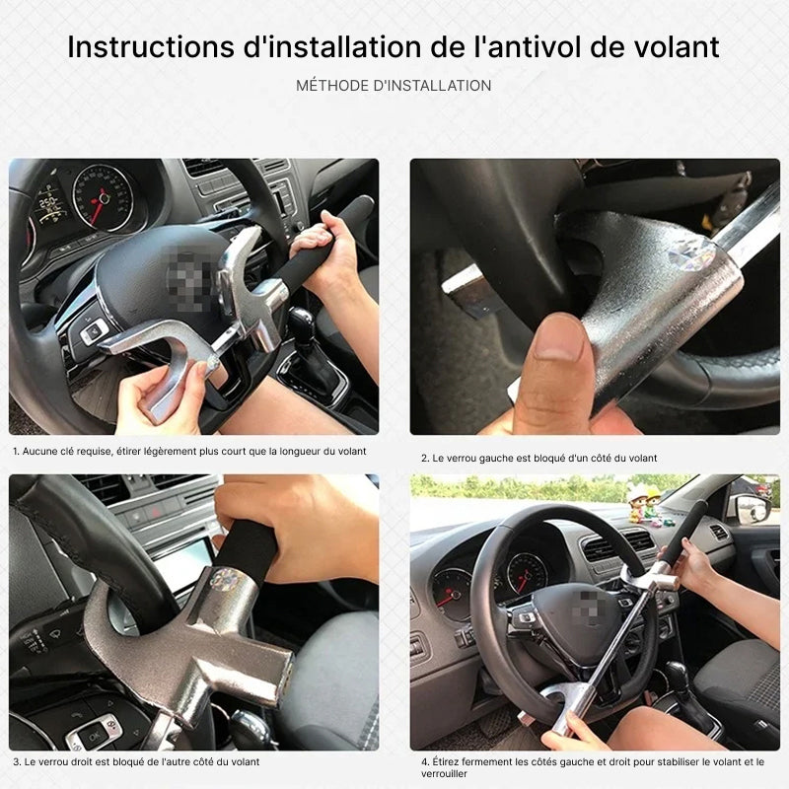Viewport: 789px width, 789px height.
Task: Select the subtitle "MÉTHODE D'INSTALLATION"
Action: click(x=394, y=86)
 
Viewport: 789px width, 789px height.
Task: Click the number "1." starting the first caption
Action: click(x=17, y=451)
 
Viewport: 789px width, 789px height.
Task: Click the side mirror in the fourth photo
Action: click(x=749, y=509)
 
